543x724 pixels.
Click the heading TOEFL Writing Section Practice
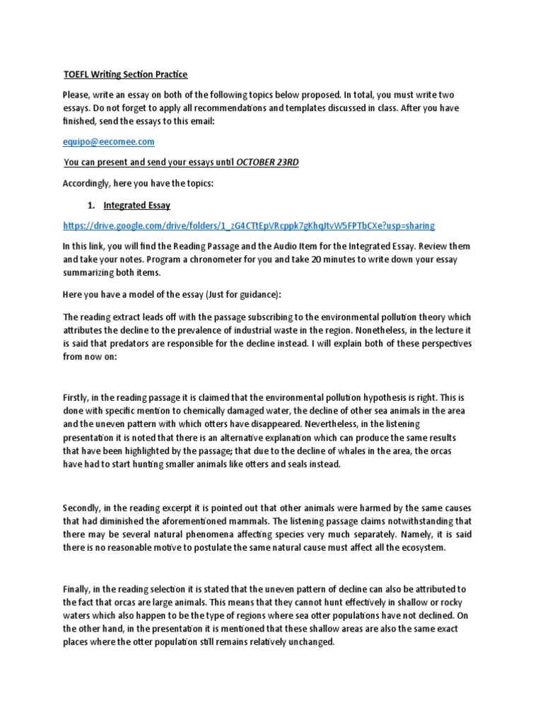(x=126, y=74)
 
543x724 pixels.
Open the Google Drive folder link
(x=249, y=226)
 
